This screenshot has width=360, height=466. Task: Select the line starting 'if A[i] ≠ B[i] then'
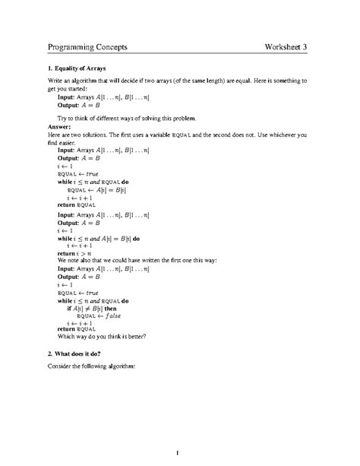(95, 308)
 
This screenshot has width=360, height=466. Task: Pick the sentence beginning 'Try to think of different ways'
(127, 118)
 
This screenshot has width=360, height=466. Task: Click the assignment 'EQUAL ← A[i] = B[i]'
(94, 190)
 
